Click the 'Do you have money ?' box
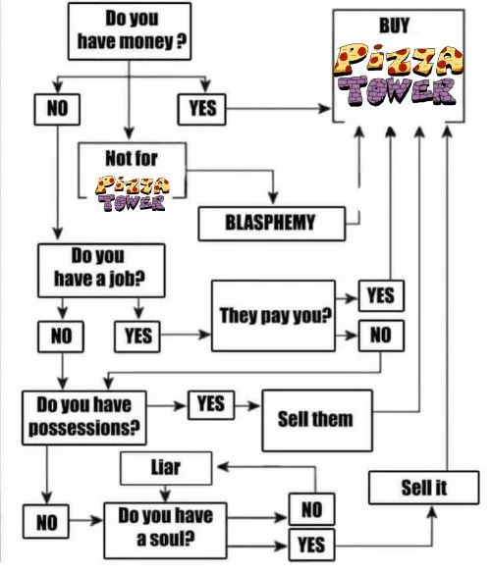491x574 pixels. click(130, 31)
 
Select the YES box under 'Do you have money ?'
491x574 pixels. click(201, 109)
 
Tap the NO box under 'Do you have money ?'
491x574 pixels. click(57, 109)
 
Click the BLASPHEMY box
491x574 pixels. click(271, 224)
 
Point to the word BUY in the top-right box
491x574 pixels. click(394, 26)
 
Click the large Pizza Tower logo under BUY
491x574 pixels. click(398, 75)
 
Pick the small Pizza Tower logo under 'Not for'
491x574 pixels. click(133, 193)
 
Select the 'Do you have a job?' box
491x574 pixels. click(101, 270)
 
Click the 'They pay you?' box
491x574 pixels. click(273, 316)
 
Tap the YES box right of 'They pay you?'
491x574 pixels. click(381, 295)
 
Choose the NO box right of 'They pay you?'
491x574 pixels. click(381, 336)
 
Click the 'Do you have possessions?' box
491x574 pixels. click(83, 418)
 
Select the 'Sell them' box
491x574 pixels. click(317, 420)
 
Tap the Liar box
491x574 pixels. click(166, 468)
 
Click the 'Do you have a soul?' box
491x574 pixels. click(165, 531)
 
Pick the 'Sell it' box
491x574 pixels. click(423, 488)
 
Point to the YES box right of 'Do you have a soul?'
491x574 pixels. click(311, 545)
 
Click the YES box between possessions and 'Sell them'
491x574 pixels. click(211, 405)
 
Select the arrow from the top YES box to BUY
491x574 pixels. click(279, 109)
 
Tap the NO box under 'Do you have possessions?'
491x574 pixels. click(46, 521)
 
